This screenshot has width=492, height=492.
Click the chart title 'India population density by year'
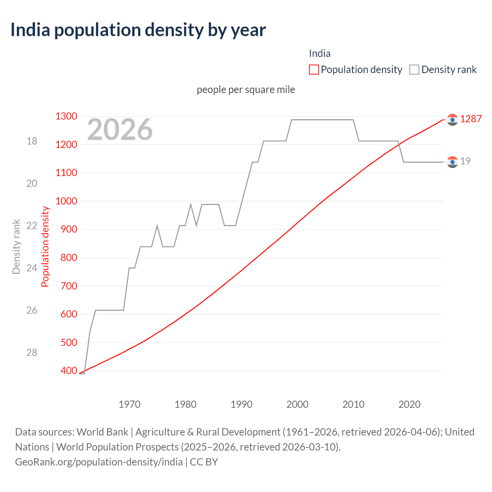tap(138, 30)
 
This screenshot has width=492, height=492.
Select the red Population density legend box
tap(314, 70)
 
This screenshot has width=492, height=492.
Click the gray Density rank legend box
tap(414, 70)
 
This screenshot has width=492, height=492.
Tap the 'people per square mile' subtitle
tap(246, 90)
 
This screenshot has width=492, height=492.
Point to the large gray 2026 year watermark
tap(120, 130)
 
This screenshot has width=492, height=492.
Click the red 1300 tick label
tap(66, 116)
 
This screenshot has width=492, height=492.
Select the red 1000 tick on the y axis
tap(66, 201)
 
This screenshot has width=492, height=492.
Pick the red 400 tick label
tap(69, 371)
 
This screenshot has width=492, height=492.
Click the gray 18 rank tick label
tap(32, 141)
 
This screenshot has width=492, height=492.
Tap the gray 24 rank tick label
tap(32, 268)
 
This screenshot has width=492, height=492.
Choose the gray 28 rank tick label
tap(32, 352)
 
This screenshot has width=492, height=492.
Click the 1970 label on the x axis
tap(130, 404)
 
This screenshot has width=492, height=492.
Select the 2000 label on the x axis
tap(298, 404)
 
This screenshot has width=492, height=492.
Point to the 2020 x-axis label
tap(409, 404)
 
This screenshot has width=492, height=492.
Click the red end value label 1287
tap(471, 119)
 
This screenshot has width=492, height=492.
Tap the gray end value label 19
tap(465, 161)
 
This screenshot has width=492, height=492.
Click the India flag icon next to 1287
tap(452, 120)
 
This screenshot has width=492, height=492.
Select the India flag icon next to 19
tap(452, 162)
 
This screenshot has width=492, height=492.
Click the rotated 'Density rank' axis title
tap(16, 247)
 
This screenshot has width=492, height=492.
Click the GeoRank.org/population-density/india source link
tap(99, 462)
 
